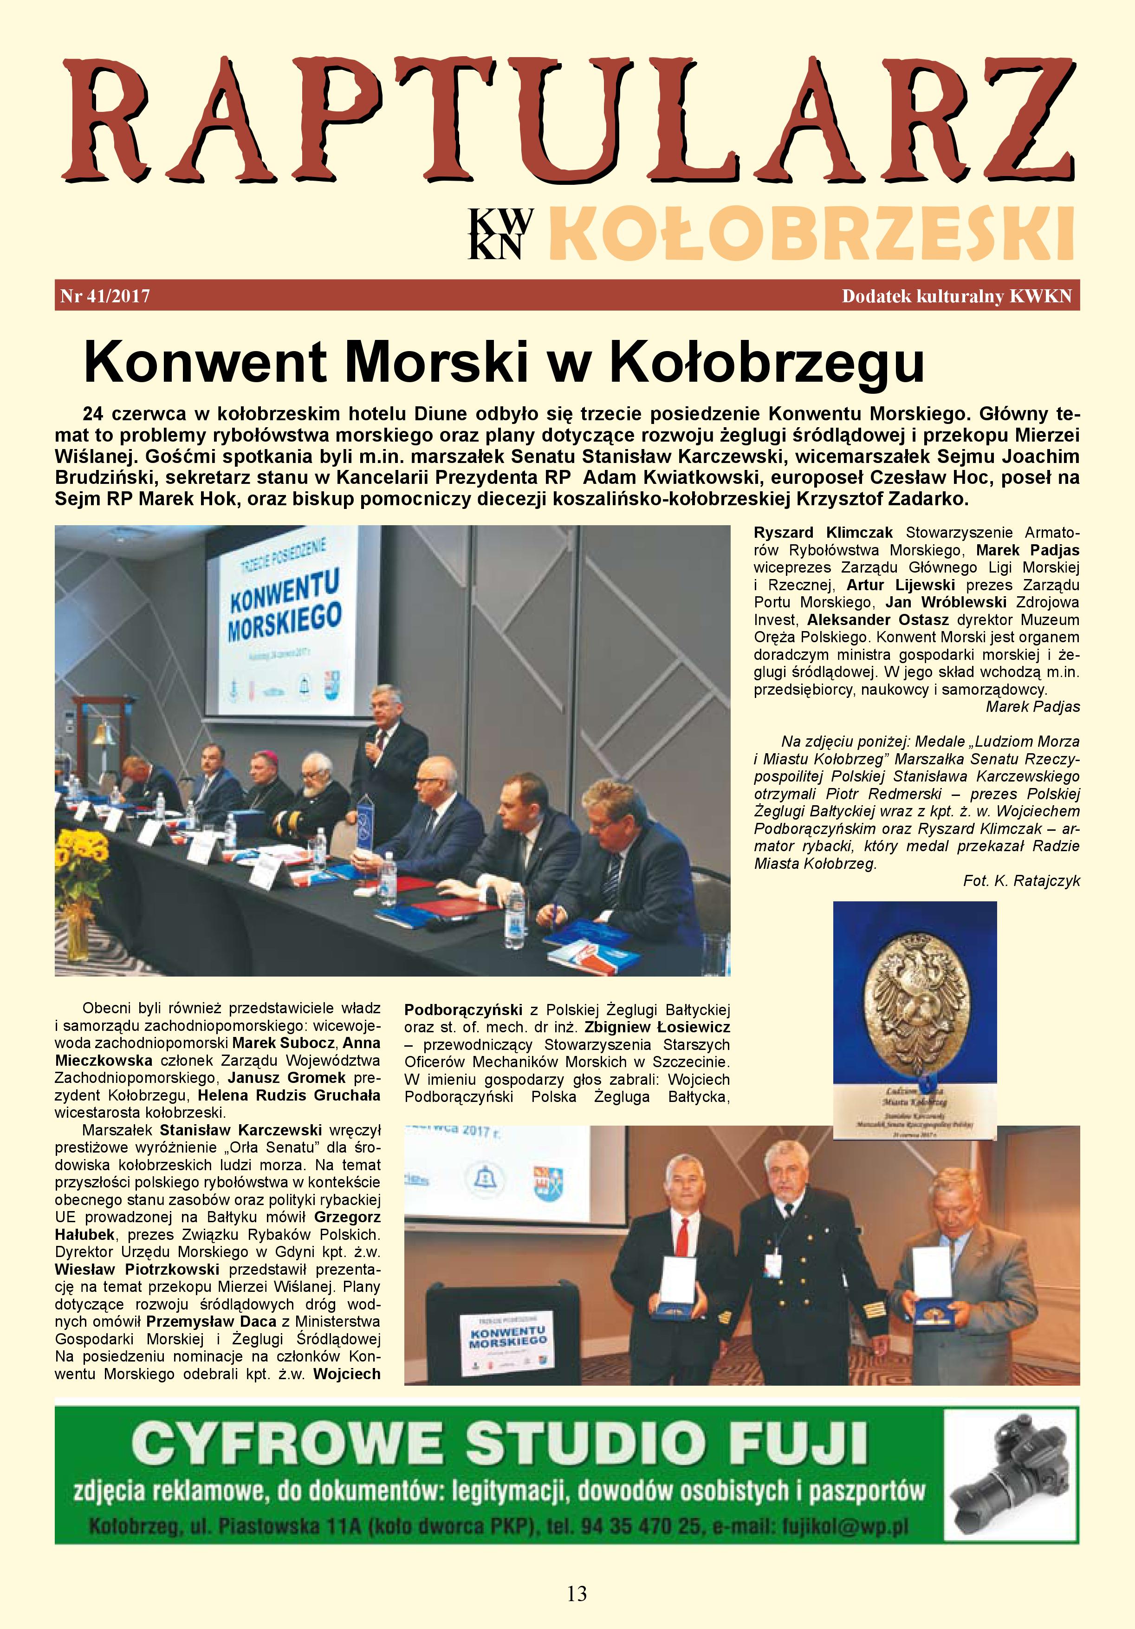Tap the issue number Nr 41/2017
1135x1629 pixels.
pyautogui.click(x=105, y=296)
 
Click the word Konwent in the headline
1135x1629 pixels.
pyautogui.click(x=205, y=362)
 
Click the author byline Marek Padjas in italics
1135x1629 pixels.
pyautogui.click(x=1033, y=707)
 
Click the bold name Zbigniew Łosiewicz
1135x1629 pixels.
pyautogui.click(x=657, y=1027)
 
